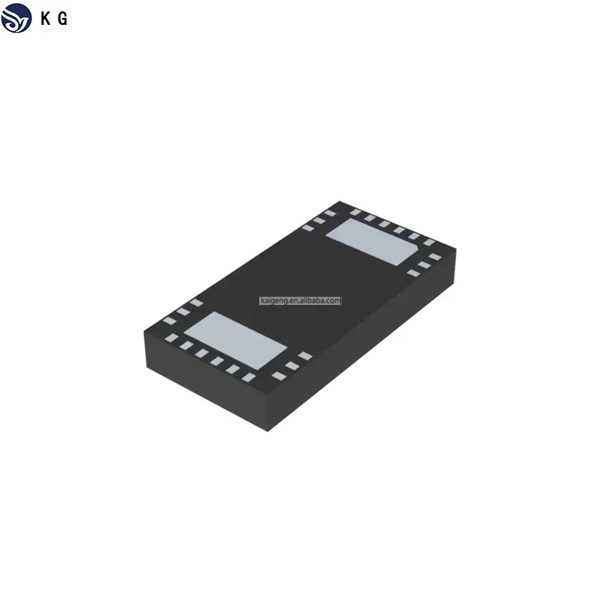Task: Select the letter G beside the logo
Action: pyautogui.click(x=63, y=20)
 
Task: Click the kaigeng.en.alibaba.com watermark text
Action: pyautogui.click(x=300, y=300)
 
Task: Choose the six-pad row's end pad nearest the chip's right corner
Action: pyautogui.click(x=429, y=242)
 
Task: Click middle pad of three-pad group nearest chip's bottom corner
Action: pyautogui.click(x=291, y=365)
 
